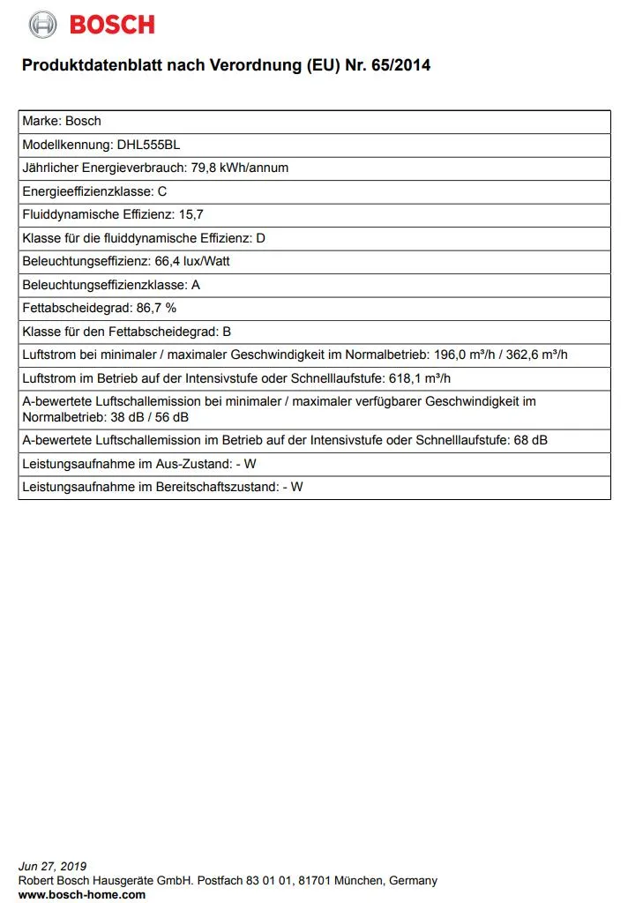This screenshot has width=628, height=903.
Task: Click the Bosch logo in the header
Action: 92,25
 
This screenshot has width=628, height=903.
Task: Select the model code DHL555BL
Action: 148,145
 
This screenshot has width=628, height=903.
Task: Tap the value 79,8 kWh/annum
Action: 240,168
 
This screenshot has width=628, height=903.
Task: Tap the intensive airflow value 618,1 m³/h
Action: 420,378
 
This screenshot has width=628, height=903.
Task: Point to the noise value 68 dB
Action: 530,440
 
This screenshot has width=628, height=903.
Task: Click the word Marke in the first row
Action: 41,121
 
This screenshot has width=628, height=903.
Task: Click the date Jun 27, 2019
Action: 52,866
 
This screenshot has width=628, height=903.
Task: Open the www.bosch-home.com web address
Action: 82,894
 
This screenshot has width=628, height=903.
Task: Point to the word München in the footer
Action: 353,880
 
